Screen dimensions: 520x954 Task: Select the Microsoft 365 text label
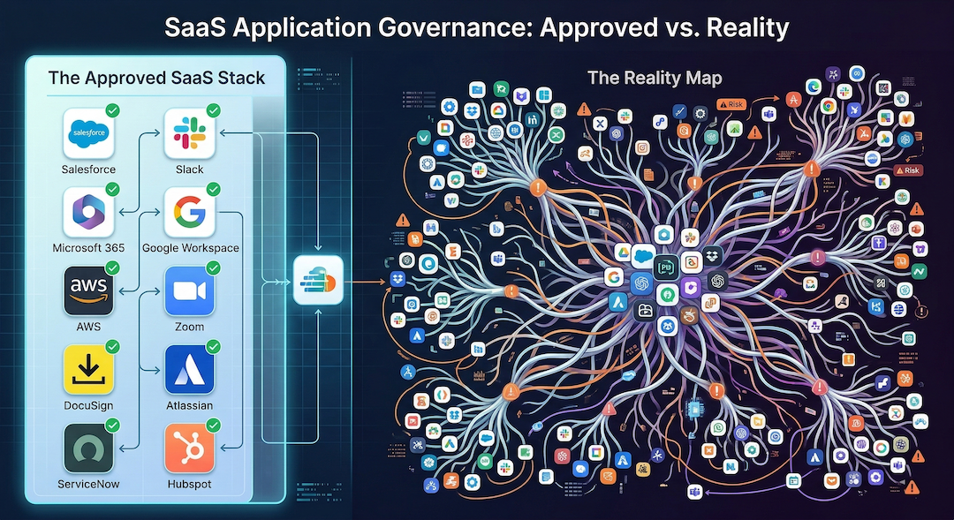pos(88,248)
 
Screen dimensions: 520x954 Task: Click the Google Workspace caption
pos(190,248)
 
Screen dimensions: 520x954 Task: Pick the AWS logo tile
pos(89,290)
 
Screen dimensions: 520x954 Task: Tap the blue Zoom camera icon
pos(189,290)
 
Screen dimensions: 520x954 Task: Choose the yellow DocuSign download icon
pos(89,369)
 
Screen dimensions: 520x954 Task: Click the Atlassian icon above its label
pos(189,369)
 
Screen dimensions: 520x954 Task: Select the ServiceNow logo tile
pos(88,448)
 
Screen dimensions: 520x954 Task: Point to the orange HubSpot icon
pos(189,448)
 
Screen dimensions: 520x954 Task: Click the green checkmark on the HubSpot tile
pos(213,426)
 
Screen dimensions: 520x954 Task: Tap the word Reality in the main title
pos(747,28)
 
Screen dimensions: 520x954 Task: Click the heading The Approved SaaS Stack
pos(156,78)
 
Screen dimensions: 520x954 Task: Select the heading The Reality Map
pos(655,79)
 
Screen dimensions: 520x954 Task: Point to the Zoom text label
pos(189,327)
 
